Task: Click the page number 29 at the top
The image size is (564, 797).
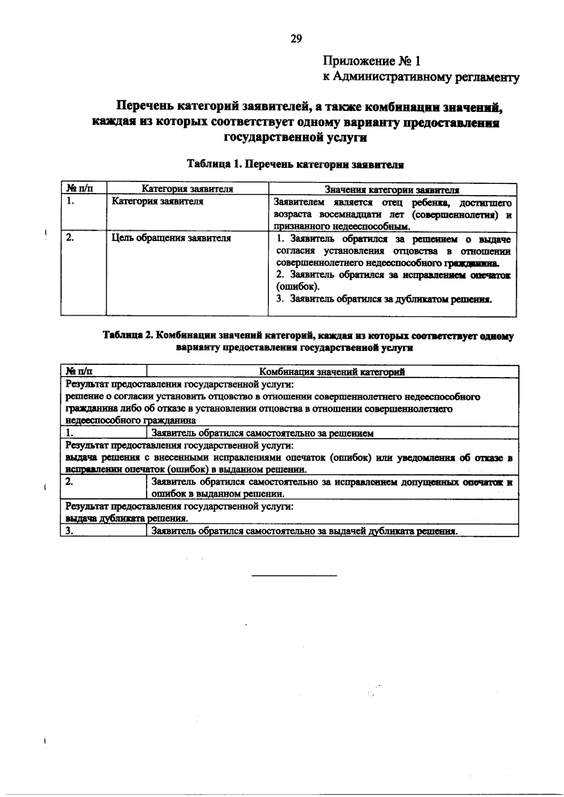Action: tap(296, 39)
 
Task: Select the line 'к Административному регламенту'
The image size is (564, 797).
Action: tap(421, 77)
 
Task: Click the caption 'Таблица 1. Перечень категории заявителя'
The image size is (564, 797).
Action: tap(296, 164)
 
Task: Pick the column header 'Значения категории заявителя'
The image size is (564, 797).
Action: tap(392, 189)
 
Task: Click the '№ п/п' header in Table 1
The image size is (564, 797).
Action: tap(79, 189)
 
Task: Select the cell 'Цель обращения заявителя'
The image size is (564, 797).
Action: tap(171, 238)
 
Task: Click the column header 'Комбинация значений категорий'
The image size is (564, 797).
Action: tap(332, 372)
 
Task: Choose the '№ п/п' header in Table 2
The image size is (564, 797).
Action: tap(79, 371)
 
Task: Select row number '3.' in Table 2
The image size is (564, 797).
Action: tap(71, 531)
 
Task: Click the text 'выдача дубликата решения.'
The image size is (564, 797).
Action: tap(127, 519)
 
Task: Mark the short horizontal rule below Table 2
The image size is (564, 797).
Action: tap(294, 576)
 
